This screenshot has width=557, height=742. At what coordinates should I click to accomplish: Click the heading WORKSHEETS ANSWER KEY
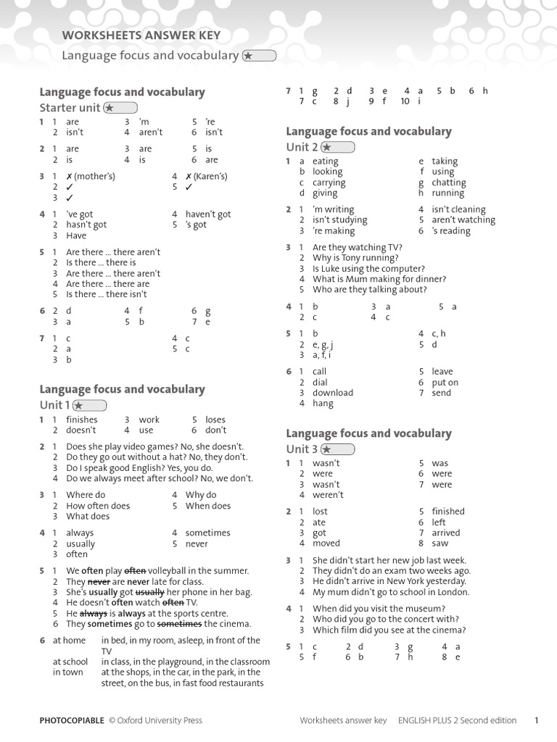click(141, 36)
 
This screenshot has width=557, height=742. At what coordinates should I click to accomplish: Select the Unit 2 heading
click(302, 147)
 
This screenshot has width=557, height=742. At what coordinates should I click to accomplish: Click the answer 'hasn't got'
click(86, 225)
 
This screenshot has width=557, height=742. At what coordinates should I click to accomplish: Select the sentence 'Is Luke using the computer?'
click(368, 268)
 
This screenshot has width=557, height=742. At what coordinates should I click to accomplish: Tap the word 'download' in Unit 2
click(333, 393)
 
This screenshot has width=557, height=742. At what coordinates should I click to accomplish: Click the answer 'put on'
click(445, 383)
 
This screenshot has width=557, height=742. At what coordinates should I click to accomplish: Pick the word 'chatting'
click(449, 183)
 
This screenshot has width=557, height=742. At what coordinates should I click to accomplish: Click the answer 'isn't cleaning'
click(458, 209)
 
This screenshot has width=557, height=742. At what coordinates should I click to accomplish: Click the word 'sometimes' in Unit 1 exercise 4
click(208, 533)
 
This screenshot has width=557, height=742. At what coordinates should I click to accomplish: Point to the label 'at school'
click(70, 662)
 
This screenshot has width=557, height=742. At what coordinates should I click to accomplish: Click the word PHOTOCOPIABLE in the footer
click(72, 720)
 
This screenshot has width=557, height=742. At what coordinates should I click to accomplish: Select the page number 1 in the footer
click(536, 720)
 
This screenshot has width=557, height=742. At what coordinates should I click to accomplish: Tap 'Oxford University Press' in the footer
click(160, 720)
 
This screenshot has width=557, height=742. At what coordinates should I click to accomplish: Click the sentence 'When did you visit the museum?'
click(379, 609)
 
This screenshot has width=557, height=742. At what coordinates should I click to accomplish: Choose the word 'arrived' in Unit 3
click(446, 533)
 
